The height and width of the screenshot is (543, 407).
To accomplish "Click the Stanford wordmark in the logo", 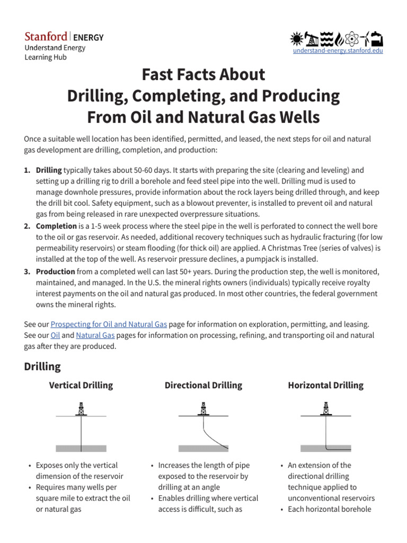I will coord(46,37).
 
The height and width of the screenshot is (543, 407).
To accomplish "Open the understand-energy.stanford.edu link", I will coord(338,50).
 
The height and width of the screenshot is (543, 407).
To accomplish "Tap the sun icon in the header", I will coord(297,39).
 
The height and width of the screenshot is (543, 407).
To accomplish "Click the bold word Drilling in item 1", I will coord(49,170).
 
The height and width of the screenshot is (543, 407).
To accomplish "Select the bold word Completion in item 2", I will coord(56,226).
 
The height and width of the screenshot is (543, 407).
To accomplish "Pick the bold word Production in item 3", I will coord(56,271).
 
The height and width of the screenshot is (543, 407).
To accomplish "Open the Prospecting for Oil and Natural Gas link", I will coord(109,323).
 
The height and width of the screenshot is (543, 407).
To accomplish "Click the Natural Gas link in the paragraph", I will coord(95,335).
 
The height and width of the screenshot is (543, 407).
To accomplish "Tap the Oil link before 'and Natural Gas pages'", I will coord(55,335).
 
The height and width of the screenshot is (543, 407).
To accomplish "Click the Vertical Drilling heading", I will coord(81,386).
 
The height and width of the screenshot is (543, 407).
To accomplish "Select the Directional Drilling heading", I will coord(203,386).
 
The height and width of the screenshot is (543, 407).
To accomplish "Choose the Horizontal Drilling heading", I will coord(325,386).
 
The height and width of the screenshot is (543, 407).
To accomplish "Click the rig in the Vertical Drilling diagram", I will coord(81,409).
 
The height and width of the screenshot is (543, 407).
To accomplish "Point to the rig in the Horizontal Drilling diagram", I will coord(325,409).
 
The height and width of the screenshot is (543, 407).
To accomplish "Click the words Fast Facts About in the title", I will coord(203,74).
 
